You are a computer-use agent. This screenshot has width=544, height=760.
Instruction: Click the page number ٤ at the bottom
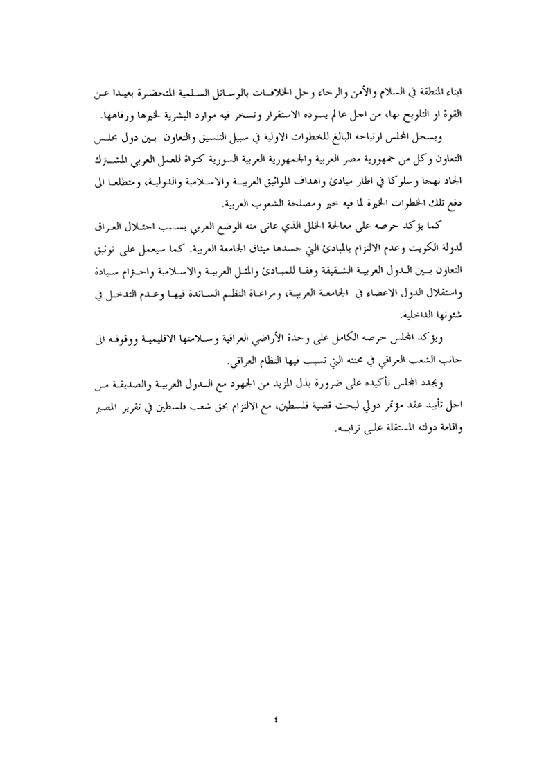pos(276,700)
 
